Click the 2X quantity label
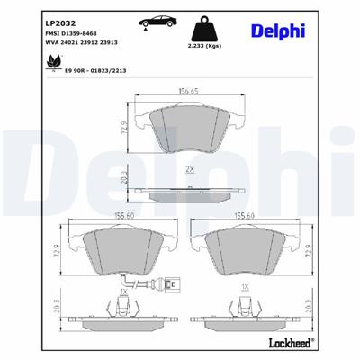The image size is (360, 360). coord(189,169)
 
